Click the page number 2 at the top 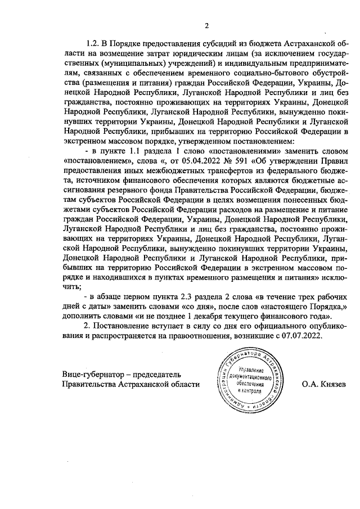coord(206,25)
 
